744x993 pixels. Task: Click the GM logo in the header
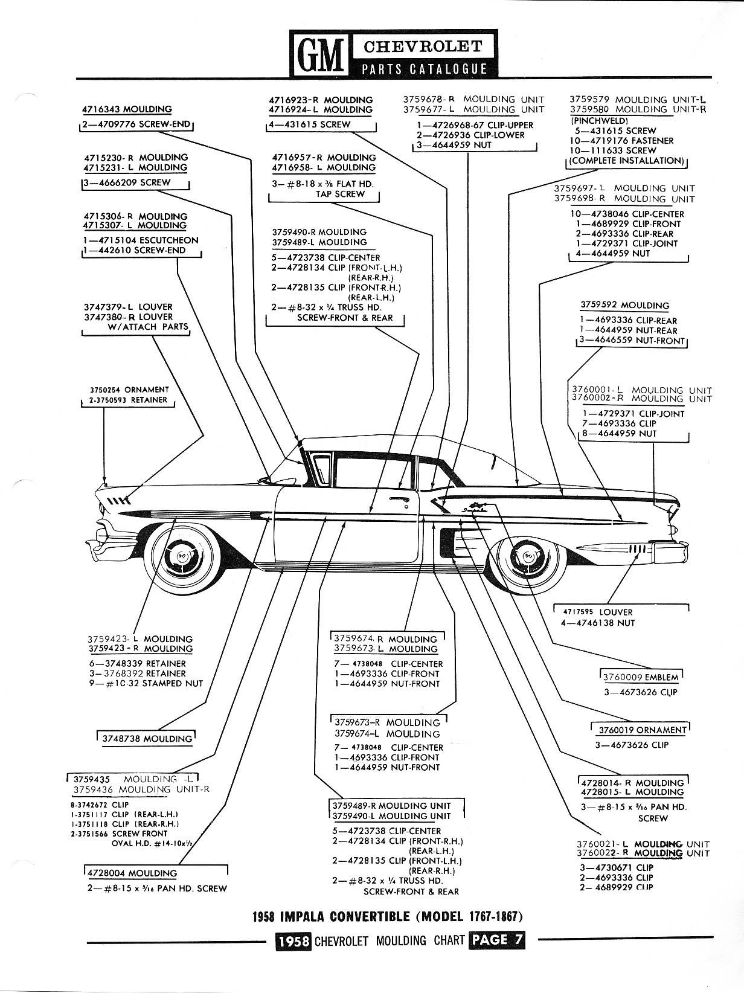tap(319, 54)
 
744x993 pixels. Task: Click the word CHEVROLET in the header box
tap(423, 46)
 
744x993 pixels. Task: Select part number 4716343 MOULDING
tap(127, 109)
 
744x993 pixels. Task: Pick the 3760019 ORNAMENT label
tap(642, 730)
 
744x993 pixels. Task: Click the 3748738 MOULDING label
tap(147, 738)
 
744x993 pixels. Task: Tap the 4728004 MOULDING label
tap(132, 873)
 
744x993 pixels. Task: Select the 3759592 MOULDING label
tap(624, 305)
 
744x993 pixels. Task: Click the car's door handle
tap(397, 499)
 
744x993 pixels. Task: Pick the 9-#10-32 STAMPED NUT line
tap(146, 683)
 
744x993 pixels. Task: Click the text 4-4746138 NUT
tap(598, 623)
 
